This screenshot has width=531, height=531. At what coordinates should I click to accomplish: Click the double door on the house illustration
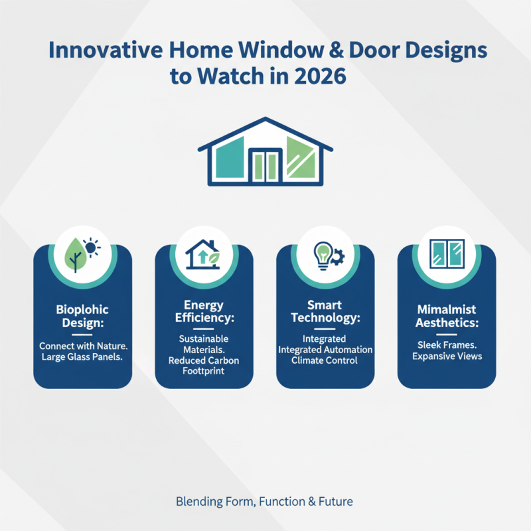click(265, 166)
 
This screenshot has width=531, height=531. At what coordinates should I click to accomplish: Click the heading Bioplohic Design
click(82, 316)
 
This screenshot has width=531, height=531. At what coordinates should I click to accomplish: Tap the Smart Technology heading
click(325, 312)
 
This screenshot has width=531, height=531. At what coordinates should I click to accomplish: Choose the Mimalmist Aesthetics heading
click(447, 316)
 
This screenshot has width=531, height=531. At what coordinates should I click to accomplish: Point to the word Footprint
click(204, 372)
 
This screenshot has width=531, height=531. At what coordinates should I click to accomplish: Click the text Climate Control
click(325, 360)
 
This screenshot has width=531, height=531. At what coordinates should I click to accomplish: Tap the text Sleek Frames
click(447, 344)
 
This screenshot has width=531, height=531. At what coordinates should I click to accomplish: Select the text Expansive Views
click(447, 356)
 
